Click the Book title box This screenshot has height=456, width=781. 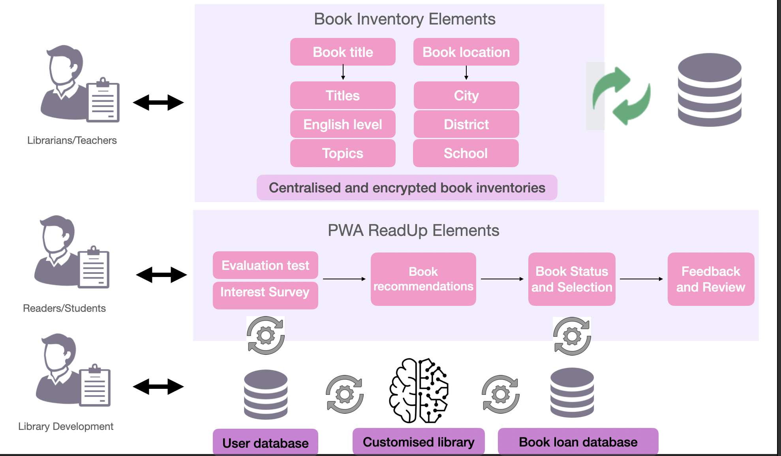click(343, 52)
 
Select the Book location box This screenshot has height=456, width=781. click(466, 52)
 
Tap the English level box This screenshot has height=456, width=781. click(343, 124)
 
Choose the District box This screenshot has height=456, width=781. click(466, 124)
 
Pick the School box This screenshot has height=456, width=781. click(466, 153)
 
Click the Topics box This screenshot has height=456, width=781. click(343, 153)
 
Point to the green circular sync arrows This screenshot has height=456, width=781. click(621, 96)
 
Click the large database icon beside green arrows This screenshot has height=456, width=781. click(709, 90)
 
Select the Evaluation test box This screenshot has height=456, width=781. click(265, 265)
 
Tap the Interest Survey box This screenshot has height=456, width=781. click(265, 292)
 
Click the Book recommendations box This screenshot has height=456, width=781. click(423, 279)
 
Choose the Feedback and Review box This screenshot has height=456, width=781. click(711, 279)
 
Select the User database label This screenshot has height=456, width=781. click(265, 443)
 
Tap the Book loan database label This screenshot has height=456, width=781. click(578, 442)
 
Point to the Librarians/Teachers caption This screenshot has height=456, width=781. click(72, 140)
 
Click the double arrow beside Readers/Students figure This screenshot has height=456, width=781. click(161, 275)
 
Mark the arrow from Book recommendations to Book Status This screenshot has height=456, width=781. click(502, 279)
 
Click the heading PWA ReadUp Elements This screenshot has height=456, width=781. click(413, 230)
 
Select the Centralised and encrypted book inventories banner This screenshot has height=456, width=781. click(407, 188)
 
